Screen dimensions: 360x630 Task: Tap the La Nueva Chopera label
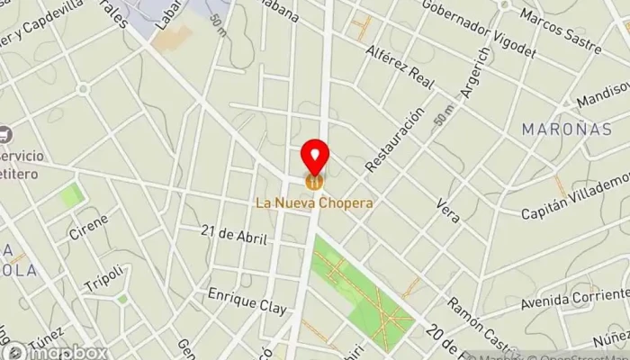click(x=314, y=203)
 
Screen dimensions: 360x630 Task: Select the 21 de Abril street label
click(x=235, y=238)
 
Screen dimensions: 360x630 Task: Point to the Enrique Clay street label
click(x=247, y=301)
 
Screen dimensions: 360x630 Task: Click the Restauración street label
click(x=394, y=140)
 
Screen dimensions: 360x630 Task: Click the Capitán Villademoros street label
click(x=576, y=202)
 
